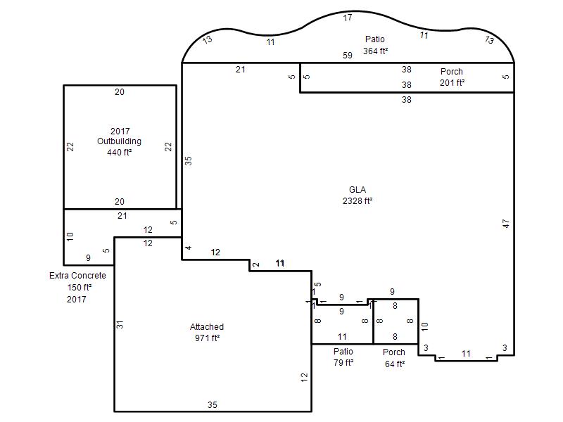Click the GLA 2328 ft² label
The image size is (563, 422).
tap(358, 196)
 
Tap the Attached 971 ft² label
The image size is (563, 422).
tap(207, 332)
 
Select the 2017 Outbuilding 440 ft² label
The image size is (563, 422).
tap(120, 142)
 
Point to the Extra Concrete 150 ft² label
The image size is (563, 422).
tap(78, 281)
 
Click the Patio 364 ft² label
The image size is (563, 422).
tap(375, 45)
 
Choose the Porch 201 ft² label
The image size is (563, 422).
tap(452, 77)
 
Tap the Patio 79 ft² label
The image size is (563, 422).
tap(343, 357)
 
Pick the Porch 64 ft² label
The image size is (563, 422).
tap(394, 358)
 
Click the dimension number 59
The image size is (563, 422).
tap(348, 56)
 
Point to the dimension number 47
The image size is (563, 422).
tap(505, 224)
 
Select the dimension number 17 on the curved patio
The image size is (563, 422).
tap(348, 18)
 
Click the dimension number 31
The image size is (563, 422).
tap(120, 324)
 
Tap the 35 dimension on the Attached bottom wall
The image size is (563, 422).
tap(213, 405)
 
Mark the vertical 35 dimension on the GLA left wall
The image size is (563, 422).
tap(188, 161)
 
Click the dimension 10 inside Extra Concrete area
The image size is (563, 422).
tap(70, 236)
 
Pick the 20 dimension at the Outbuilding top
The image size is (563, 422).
tap(120, 92)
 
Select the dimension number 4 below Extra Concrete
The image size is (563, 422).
tap(189, 248)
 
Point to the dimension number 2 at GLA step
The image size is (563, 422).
tap(255, 265)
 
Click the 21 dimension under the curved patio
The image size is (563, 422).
tap(241, 70)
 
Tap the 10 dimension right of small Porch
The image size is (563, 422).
tap(425, 326)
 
